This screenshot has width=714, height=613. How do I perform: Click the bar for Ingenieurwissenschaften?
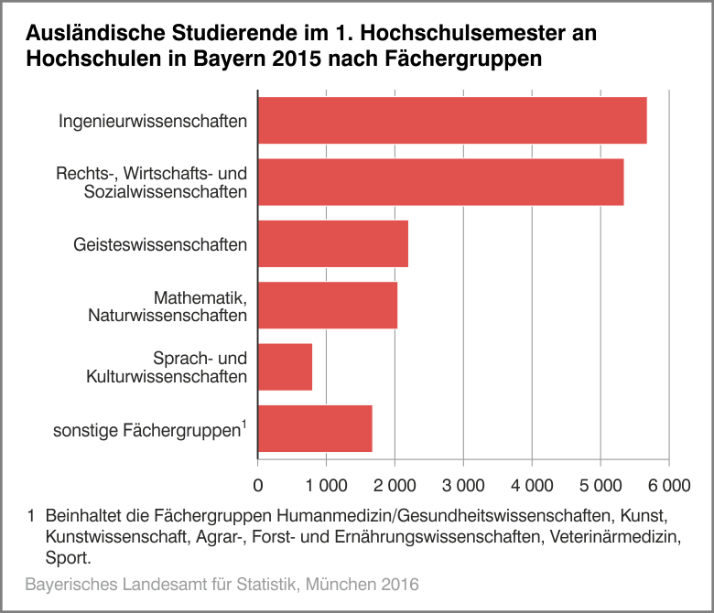(452, 120)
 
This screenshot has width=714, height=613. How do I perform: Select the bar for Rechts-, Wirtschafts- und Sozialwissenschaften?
(440, 182)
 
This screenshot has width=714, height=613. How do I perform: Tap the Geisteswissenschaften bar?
(332, 244)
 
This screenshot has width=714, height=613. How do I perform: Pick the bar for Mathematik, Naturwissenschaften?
(328, 306)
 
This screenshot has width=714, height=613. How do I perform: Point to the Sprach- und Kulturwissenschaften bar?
(285, 367)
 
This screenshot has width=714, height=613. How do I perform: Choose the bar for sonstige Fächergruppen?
(315, 428)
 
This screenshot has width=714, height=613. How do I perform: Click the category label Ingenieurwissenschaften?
(153, 121)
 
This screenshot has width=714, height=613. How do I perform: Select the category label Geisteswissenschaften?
(160, 244)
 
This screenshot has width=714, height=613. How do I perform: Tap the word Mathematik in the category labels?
(199, 297)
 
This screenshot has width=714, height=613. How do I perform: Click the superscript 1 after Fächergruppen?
(244, 423)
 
